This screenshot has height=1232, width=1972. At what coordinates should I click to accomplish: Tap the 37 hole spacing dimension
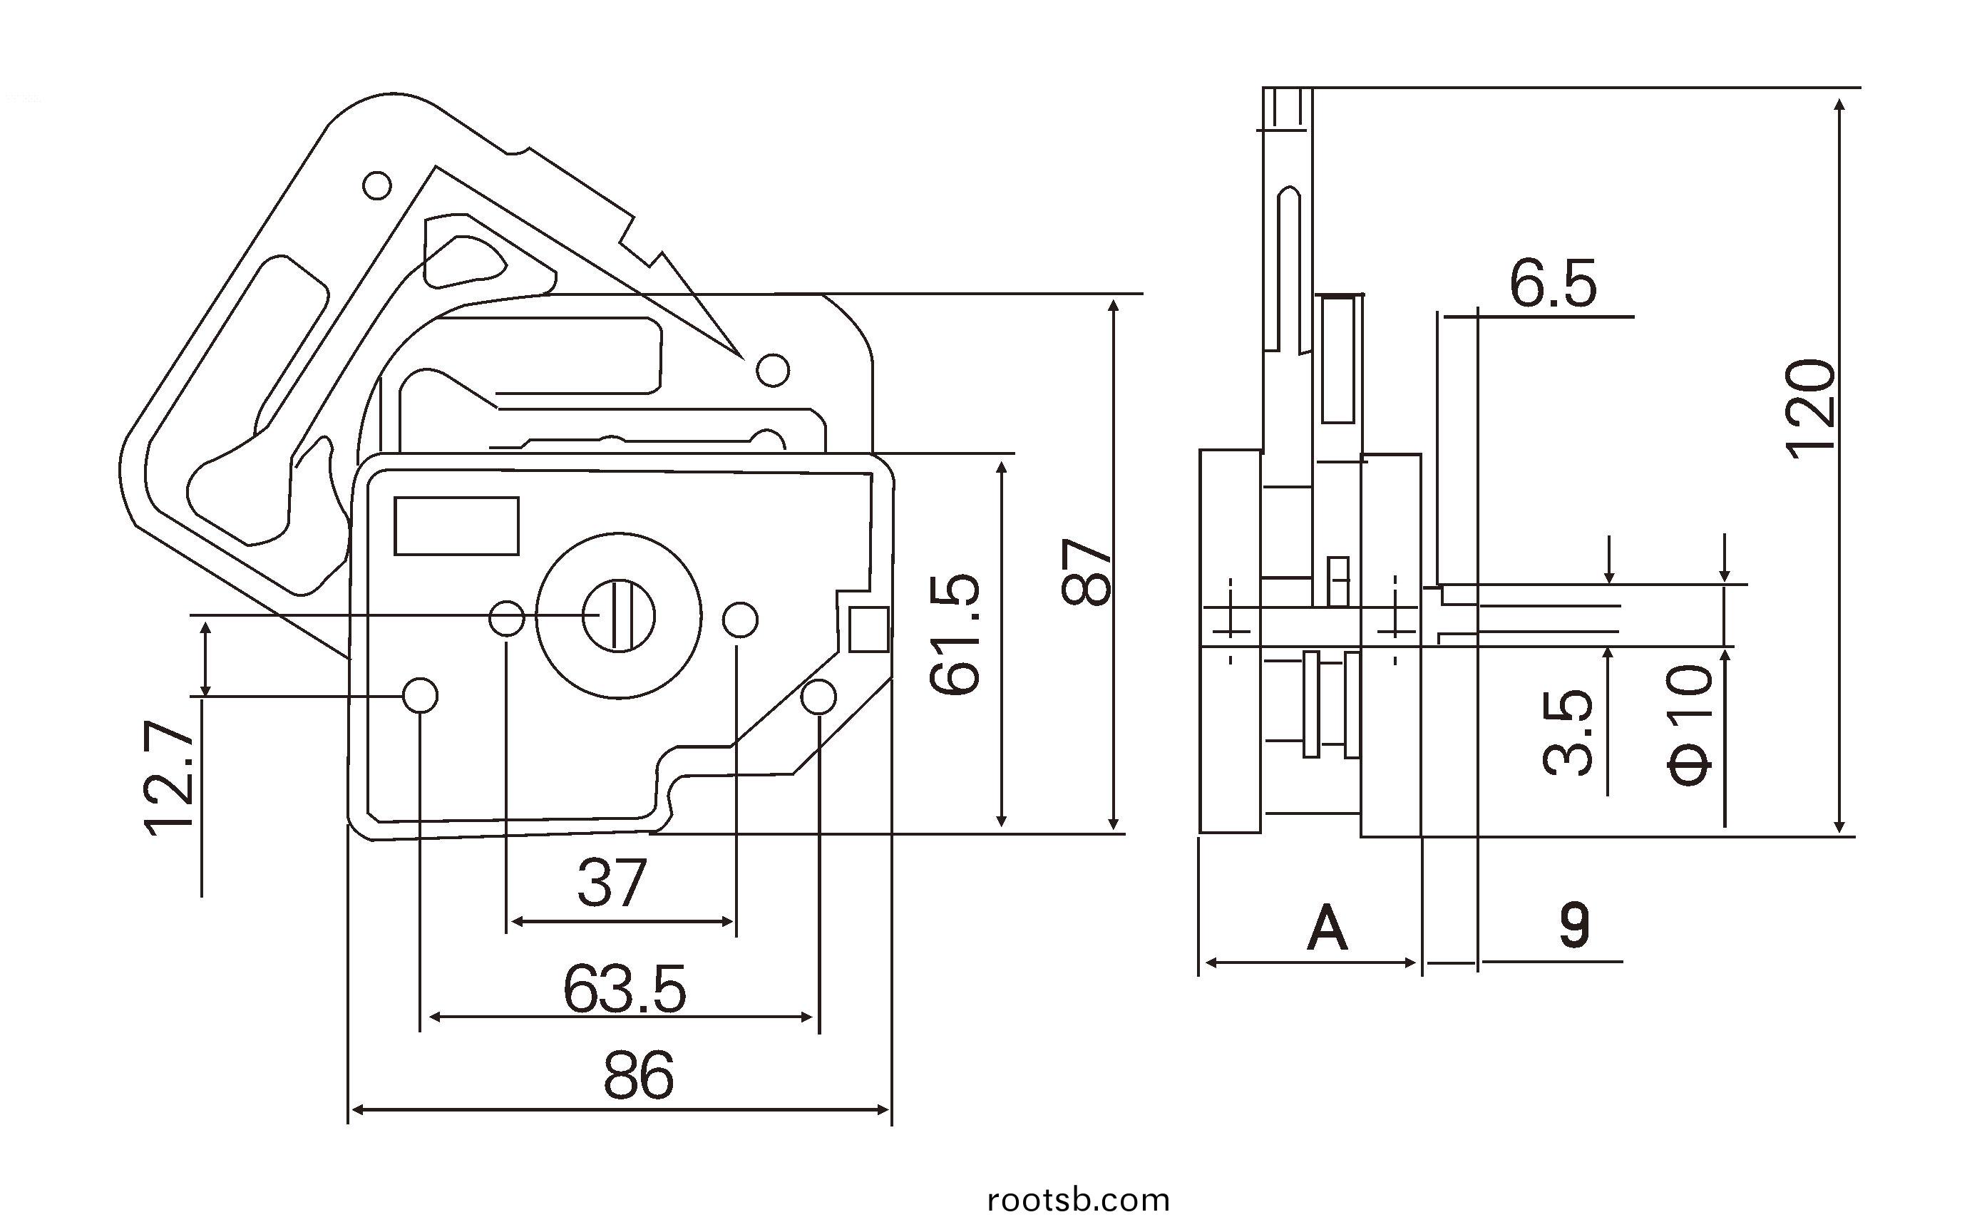tap(612, 883)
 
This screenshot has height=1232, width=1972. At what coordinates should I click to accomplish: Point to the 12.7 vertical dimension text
tap(170, 778)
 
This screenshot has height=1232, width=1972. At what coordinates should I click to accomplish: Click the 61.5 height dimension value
tap(955, 634)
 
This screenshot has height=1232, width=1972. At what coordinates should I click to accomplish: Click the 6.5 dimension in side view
tap(1554, 284)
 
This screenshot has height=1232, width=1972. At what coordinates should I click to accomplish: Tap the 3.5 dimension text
tap(1568, 732)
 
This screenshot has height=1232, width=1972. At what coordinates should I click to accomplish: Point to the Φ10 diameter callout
tap(1690, 724)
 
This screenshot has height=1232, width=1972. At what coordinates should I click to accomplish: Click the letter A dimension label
tap(1327, 928)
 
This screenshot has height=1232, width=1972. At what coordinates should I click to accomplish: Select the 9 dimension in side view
tap(1573, 925)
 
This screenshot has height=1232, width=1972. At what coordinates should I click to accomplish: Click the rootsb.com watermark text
tap(1079, 1200)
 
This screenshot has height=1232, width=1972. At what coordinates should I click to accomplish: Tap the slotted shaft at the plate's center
tap(618, 615)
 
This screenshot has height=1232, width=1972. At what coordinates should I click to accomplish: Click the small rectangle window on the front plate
tap(457, 525)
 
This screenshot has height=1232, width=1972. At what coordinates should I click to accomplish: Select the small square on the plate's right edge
tap(868, 629)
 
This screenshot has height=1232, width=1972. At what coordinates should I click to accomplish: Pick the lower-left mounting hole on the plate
tap(421, 695)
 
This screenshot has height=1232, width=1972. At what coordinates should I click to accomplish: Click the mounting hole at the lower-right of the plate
tap(818, 697)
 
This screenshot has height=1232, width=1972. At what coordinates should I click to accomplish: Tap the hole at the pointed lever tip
tap(773, 370)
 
